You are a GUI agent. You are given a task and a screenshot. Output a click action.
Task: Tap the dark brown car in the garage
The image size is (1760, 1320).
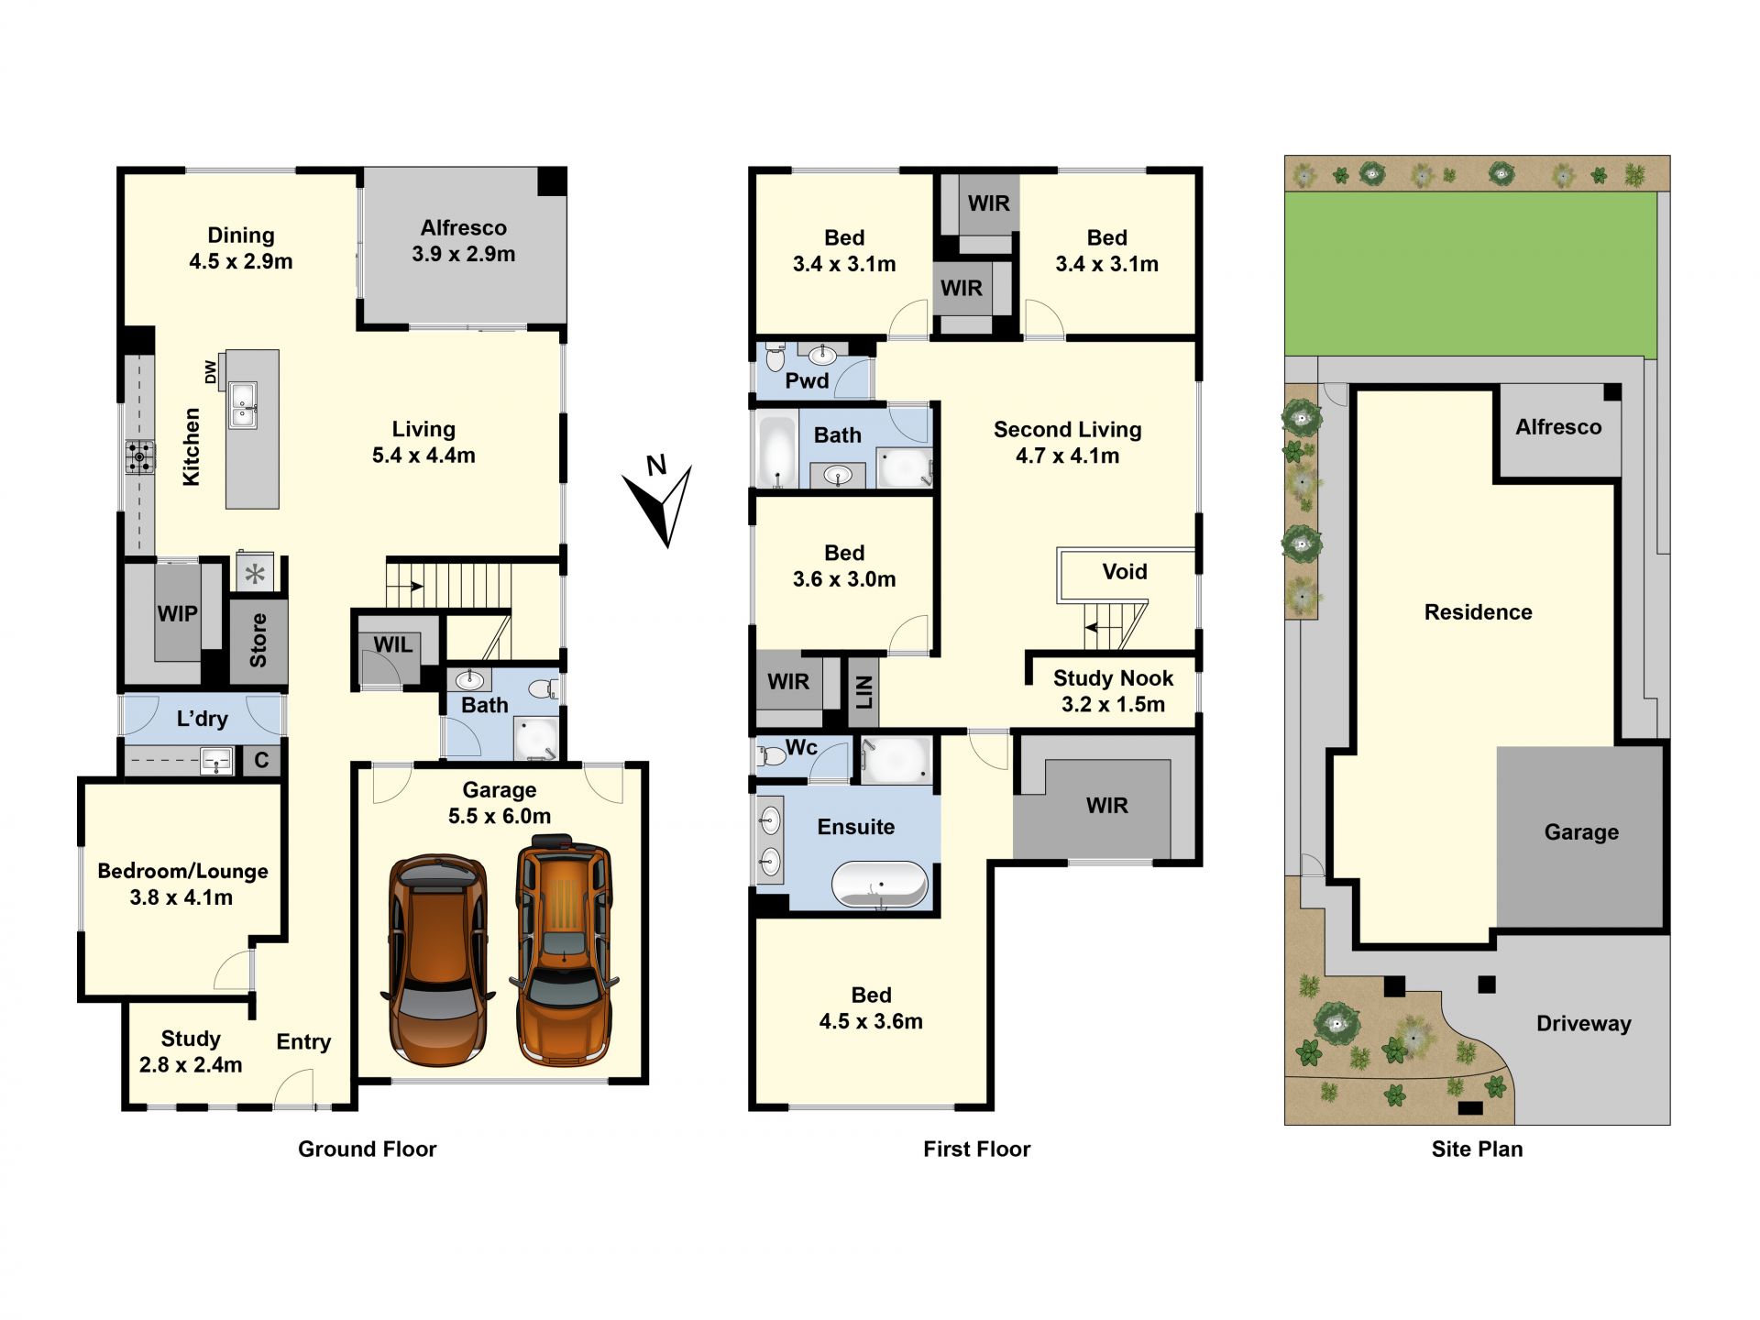[438, 960]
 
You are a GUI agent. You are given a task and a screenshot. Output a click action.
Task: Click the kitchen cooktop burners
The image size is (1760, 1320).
[140, 456]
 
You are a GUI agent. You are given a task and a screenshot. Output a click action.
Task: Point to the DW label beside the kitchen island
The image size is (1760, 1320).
[210, 371]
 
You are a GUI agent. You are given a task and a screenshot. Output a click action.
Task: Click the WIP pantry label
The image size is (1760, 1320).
[177, 613]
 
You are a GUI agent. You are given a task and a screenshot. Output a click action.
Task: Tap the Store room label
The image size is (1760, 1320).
[258, 640]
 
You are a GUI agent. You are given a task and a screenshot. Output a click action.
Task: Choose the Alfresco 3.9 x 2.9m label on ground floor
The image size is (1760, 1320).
[464, 241]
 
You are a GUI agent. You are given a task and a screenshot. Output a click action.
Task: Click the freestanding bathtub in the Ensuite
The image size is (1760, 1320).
[880, 885]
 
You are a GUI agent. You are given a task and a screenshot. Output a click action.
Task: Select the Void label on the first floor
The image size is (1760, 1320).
[1125, 572]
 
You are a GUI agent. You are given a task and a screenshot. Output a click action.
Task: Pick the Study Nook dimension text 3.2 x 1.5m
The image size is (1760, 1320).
[1113, 704]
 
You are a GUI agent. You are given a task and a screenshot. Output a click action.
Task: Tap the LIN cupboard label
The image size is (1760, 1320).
[863, 692]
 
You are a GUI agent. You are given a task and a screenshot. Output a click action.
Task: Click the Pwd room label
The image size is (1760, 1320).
[807, 380]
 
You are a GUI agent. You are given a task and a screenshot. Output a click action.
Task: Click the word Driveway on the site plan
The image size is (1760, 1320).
[1584, 1024]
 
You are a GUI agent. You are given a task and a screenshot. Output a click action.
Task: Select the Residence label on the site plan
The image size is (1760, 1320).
[1478, 612]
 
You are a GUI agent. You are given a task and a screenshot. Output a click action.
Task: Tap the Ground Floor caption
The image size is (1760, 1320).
[368, 1149]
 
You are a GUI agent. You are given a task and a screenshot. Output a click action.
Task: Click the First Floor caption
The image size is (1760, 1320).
[977, 1149]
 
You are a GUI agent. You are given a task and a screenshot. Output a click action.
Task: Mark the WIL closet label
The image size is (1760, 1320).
[392, 644]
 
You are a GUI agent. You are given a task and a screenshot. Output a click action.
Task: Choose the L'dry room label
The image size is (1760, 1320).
[202, 718]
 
